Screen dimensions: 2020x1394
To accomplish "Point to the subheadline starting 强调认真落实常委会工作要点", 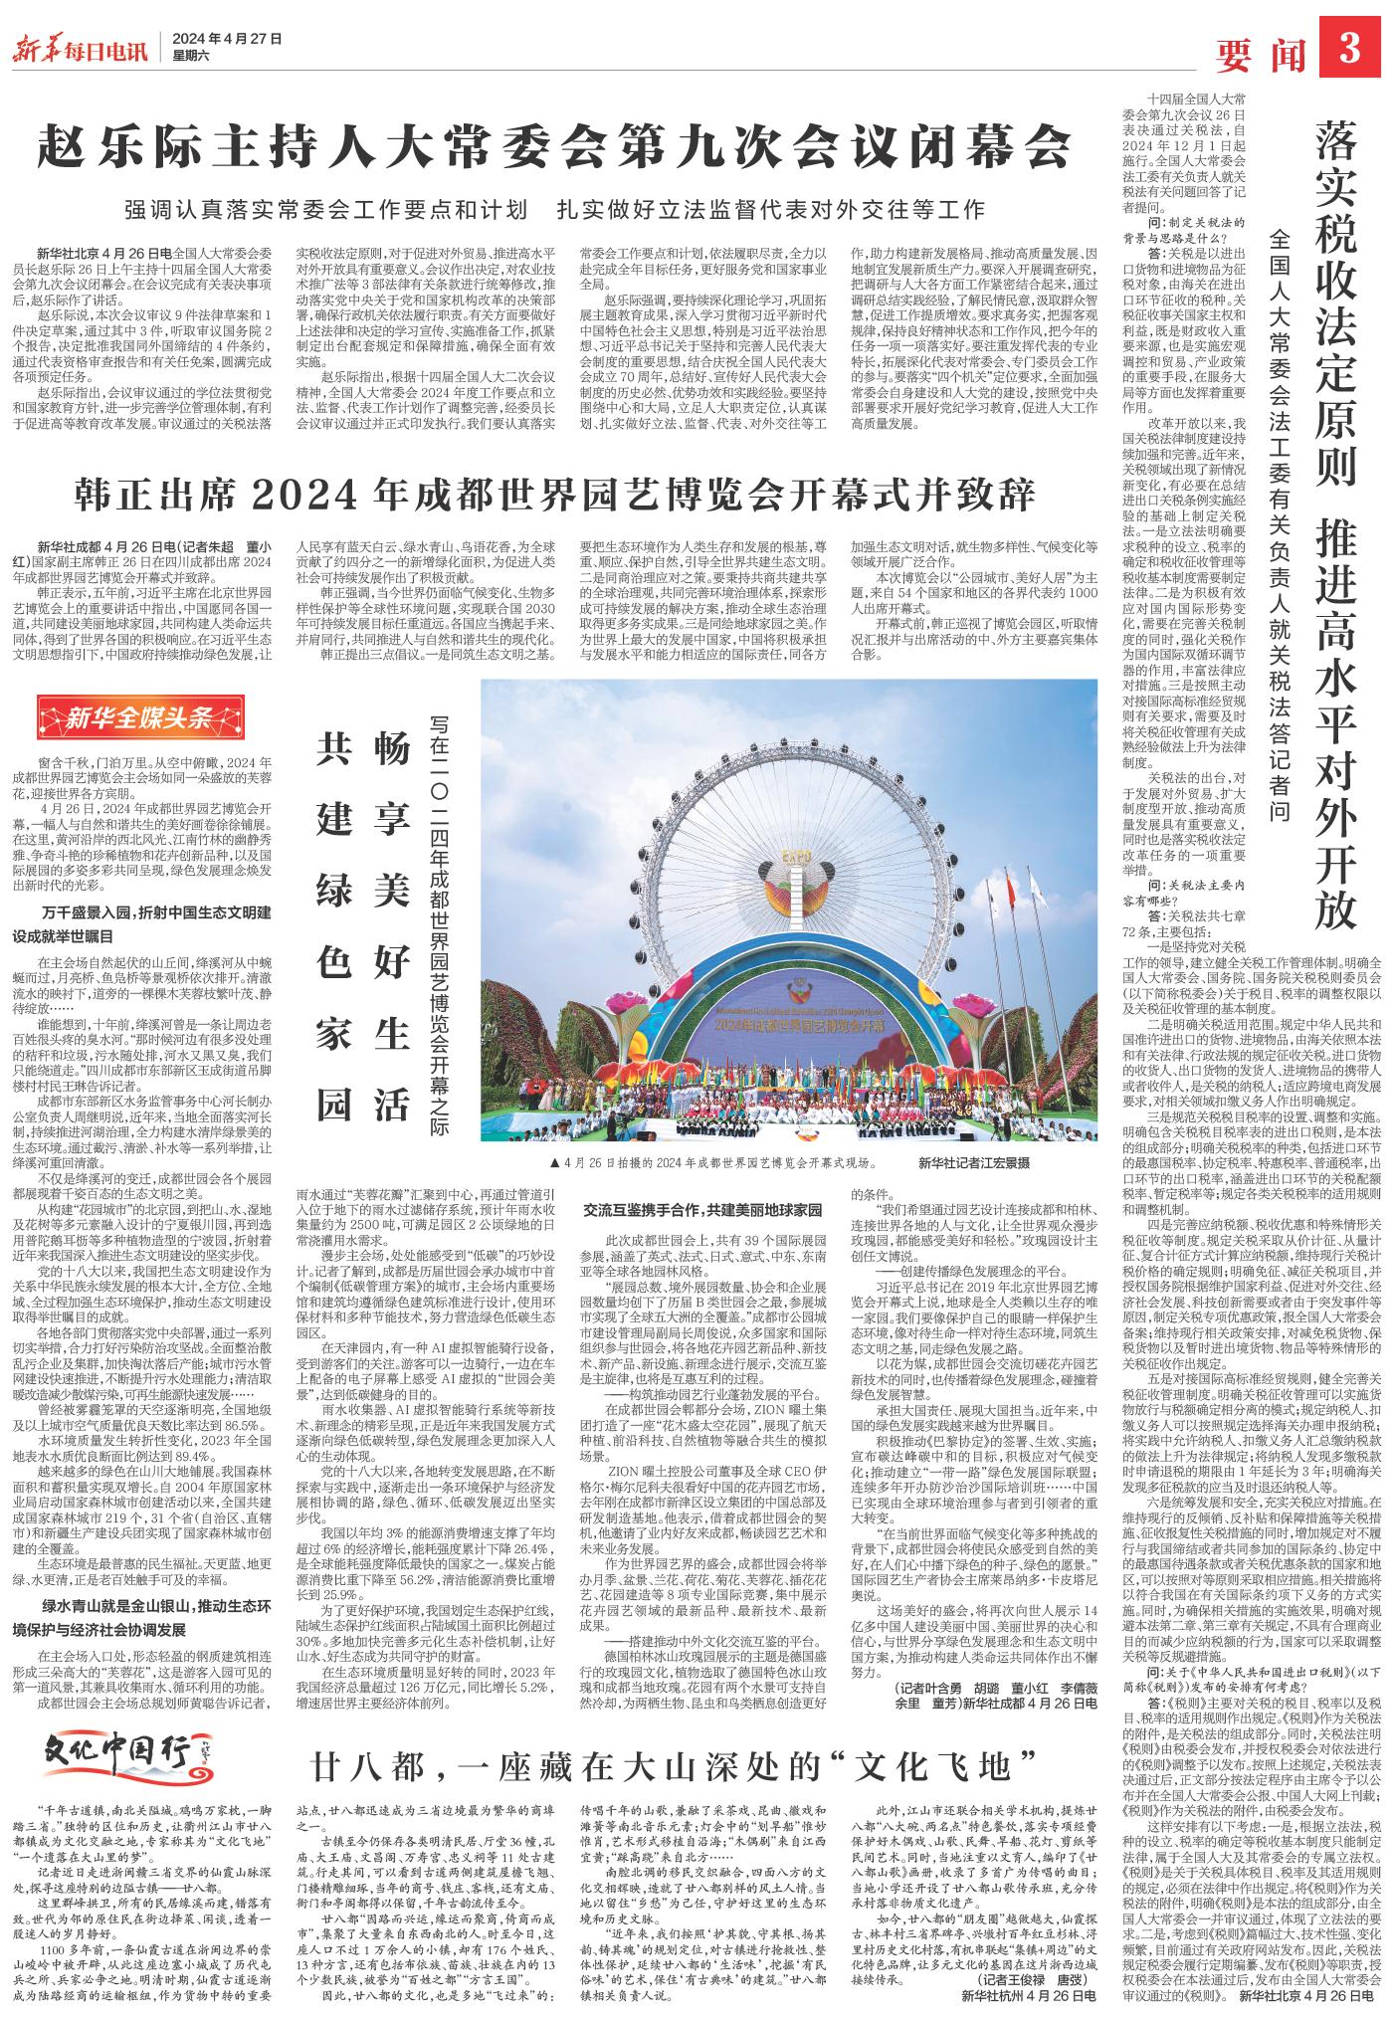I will click(554, 210).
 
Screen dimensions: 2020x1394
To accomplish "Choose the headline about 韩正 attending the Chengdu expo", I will click(555, 494).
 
